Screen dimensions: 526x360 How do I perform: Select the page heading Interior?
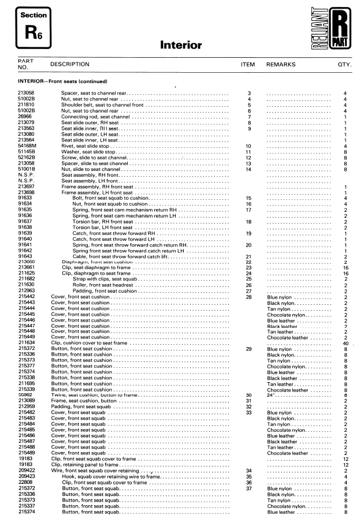[x=180, y=45]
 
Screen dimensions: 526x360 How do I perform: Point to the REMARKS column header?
[x=280, y=65]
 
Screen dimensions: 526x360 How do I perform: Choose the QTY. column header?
[x=345, y=65]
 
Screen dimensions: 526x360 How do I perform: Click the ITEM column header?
[x=247, y=65]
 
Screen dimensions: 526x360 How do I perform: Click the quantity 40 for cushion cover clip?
[x=344, y=344]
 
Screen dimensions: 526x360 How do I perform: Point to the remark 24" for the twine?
[x=272, y=395]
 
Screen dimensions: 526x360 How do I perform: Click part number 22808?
[x=25, y=483]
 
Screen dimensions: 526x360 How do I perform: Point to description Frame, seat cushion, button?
[x=84, y=401]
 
